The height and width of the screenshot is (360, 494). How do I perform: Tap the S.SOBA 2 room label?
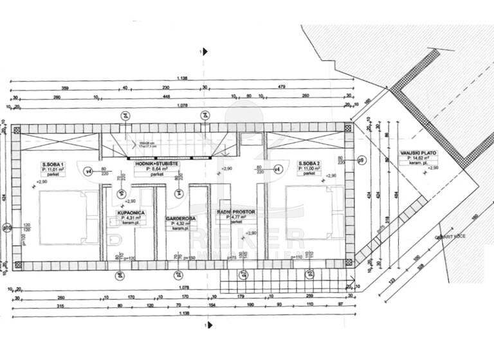coord(309,164)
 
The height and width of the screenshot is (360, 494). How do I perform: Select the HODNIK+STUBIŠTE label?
coord(156,164)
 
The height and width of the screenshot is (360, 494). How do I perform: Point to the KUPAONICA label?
coord(130,212)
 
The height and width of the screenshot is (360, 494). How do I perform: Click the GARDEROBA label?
coord(180,218)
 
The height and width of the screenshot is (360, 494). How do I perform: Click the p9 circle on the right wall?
coord(361,160)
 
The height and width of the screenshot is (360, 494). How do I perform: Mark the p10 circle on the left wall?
coord(7,227)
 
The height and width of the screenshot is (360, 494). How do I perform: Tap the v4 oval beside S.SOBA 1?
coord(89,171)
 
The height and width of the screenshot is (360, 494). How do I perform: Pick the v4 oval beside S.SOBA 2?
coord(277,169)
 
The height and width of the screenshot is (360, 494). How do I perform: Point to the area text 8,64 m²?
coord(156,169)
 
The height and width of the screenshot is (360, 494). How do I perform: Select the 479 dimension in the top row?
coord(281,87)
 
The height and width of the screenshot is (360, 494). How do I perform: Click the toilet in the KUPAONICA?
coord(113,240)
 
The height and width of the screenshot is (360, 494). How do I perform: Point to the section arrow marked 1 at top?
coord(205,52)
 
